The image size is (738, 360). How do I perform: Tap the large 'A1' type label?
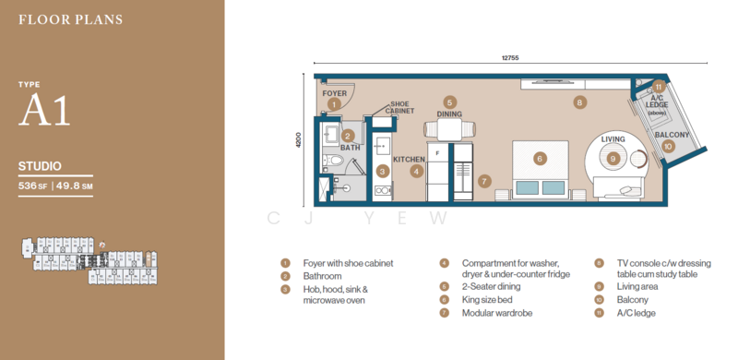coord(43,113)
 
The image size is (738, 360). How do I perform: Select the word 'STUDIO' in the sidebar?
coord(40,167)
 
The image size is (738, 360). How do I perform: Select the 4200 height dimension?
coord(298,139)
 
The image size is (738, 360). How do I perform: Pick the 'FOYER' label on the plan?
coord(333,93)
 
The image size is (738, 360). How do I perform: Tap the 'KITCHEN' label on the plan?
coord(409,159)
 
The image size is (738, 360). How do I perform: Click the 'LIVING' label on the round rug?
coord(613,139)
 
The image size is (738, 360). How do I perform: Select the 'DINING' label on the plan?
coord(449,114)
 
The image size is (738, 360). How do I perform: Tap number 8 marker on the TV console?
coord(579,102)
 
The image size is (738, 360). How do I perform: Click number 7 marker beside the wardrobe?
coord(484,181)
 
